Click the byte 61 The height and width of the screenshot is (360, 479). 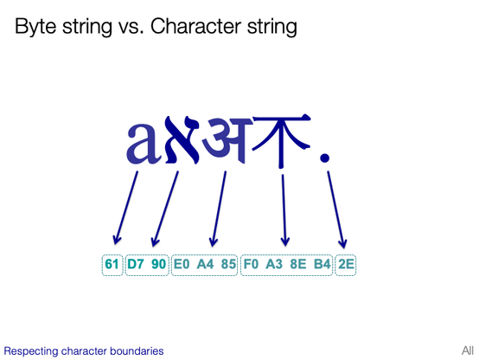tap(112, 264)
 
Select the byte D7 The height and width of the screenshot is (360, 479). tap(136, 264)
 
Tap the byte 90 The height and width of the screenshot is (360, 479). tap(158, 264)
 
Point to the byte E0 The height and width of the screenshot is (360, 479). tap(182, 264)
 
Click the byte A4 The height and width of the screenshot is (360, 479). tap(206, 264)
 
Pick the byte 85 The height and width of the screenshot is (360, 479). tap(228, 264)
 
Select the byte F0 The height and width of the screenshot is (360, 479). tap(252, 264)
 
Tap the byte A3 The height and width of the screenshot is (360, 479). tap(275, 264)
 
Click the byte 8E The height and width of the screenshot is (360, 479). tap(298, 264)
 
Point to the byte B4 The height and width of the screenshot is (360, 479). tap(321, 264)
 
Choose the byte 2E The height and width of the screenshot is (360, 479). tap(346, 264)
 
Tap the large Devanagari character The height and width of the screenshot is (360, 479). tap(227, 138)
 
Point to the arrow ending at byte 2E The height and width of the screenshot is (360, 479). tap(337, 208)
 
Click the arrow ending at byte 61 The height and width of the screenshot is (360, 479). tap(126, 208)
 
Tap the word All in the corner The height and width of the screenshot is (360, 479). tap(467, 350)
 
